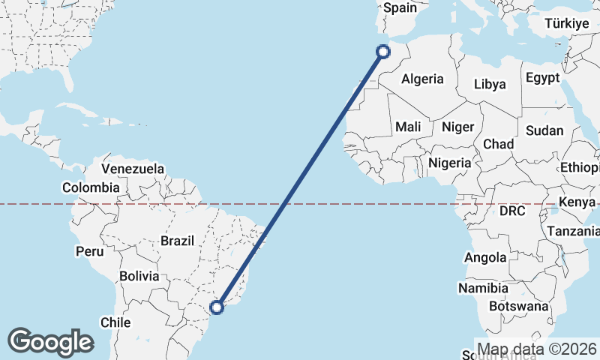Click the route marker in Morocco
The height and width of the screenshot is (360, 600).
tap(383, 51)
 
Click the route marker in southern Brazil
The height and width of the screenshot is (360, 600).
tap(217, 307)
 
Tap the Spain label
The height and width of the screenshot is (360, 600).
tap(400, 8)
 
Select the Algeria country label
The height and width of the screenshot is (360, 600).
tap(422, 79)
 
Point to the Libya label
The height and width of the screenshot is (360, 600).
tap(490, 84)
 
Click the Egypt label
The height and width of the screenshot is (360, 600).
tap(542, 78)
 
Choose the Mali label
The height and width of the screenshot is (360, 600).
tap(409, 127)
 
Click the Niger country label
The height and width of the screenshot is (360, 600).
tap(457, 127)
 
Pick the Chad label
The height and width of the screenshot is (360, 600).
tap(499, 143)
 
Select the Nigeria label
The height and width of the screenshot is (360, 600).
tap(450, 162)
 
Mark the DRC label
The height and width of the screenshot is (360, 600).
tap(513, 211)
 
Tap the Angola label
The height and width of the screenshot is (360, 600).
tap(485, 257)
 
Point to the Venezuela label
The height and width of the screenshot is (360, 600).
tap(133, 169)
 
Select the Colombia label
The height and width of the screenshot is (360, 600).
tap(91, 187)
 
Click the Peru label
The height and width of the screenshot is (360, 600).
tap(89, 251)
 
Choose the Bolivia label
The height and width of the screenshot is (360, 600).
tap(139, 276)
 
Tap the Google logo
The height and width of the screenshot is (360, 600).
tap(50, 341)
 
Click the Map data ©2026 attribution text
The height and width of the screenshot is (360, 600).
tap(537, 349)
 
